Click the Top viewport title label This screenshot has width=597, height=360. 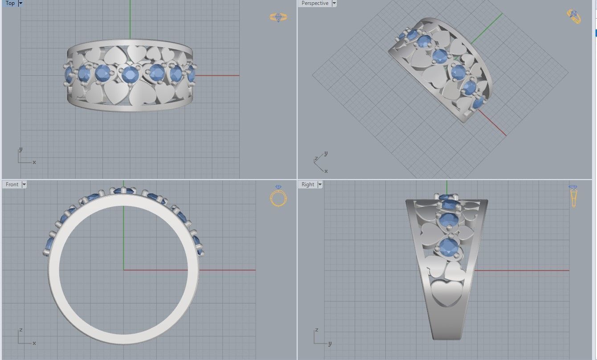[10, 3]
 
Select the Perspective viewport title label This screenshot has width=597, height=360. [315, 3]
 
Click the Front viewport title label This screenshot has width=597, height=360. [12, 184]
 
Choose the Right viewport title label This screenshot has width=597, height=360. [307, 184]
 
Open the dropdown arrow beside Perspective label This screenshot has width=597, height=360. [334, 3]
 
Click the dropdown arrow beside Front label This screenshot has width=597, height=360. [24, 184]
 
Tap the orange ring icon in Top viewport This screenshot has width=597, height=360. [278, 17]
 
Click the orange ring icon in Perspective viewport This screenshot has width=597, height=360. [574, 16]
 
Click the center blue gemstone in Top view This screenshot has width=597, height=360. [130, 74]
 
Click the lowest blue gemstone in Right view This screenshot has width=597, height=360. [449, 247]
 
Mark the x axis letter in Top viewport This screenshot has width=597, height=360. [34, 162]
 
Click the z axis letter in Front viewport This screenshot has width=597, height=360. [21, 331]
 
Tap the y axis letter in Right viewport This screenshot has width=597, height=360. [330, 344]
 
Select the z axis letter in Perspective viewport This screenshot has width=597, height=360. [316, 159]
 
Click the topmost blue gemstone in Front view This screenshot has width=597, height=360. [124, 191]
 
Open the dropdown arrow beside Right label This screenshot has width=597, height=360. [320, 184]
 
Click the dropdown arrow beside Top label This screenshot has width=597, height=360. [20, 3]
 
